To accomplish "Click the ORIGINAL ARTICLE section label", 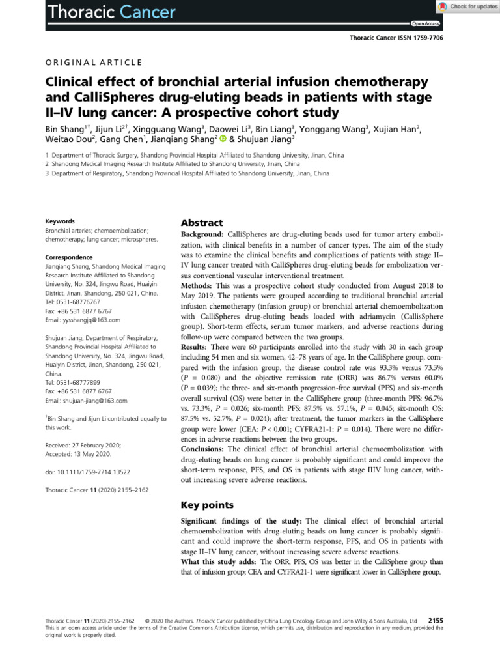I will click(93, 62).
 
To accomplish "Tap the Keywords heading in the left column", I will click(60, 221).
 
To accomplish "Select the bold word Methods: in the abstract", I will click(199, 286).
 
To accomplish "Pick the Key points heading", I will click(206, 504).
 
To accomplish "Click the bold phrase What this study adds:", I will click(217, 561).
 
